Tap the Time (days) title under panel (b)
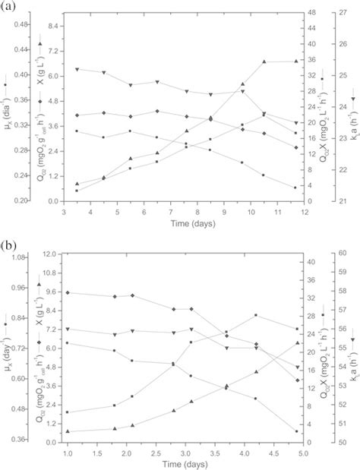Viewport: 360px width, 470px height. (x=185, y=462)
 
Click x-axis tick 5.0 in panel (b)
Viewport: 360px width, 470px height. (x=302, y=450)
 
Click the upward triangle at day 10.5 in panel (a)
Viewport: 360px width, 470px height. (x=264, y=62)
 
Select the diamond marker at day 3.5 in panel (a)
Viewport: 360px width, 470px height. (x=77, y=115)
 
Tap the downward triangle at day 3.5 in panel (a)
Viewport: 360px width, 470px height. (x=77, y=70)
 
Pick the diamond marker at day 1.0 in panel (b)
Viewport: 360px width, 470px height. (x=68, y=292)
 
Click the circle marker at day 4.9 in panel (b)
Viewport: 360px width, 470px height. (x=296, y=431)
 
